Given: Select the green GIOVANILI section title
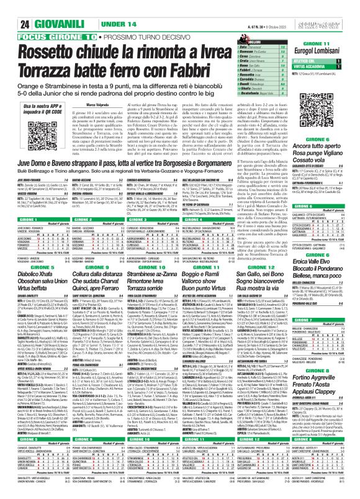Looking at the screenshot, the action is tap(42, 8).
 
